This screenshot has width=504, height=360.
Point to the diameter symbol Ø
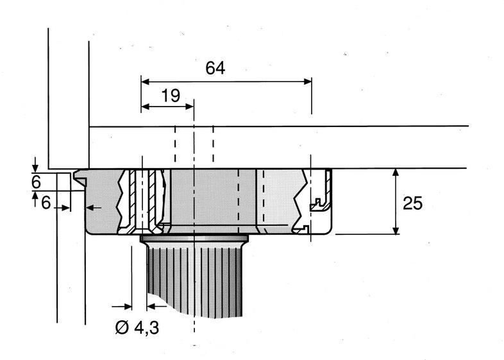coord(122,328)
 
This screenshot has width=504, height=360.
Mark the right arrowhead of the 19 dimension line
coord(189,107)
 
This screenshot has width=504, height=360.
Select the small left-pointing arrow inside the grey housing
coord(91,207)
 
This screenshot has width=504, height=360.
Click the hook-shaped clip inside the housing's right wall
coord(319,203)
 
